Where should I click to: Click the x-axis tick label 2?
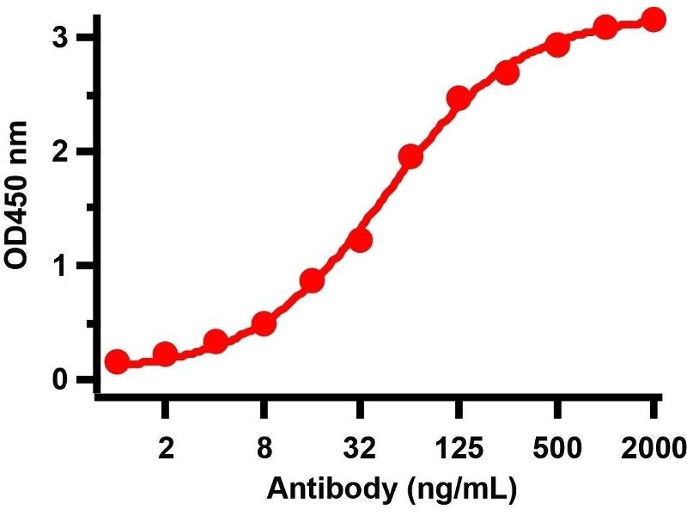[166, 449]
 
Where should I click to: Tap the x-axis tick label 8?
[264, 449]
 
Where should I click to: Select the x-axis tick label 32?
[361, 449]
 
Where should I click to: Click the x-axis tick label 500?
[556, 449]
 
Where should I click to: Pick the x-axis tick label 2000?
[653, 449]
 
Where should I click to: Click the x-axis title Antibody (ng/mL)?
[392, 491]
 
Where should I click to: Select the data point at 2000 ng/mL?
[654, 20]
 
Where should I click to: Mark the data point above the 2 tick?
[166, 353]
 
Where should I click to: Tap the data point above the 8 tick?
[264, 324]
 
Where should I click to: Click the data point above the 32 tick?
[361, 240]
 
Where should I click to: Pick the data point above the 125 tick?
[458, 97]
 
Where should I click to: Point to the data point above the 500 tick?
[556, 45]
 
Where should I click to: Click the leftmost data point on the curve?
[118, 362]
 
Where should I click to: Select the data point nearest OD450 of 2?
[410, 157]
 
